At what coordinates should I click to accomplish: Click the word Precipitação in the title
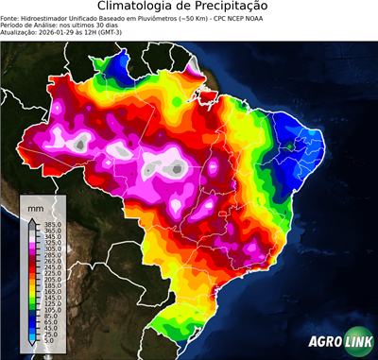point(240,8)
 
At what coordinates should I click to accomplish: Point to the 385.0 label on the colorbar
point(52,224)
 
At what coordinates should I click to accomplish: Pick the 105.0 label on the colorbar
point(52,309)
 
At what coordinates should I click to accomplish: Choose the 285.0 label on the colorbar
point(52,254)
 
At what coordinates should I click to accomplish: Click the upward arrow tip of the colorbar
point(36,219)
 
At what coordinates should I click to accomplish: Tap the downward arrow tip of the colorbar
point(36,346)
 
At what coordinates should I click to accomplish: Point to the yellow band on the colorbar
point(36,285)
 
